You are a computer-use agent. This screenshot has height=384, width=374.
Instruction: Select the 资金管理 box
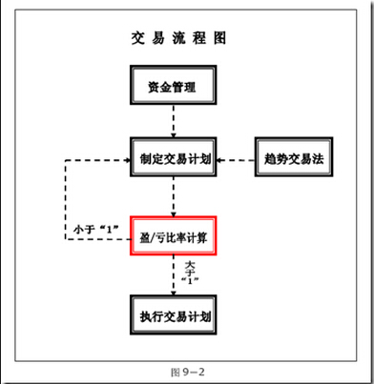[173, 88]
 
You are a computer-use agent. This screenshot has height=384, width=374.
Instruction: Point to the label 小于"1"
[94, 229]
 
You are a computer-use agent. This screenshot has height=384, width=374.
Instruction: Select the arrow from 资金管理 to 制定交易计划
[173, 123]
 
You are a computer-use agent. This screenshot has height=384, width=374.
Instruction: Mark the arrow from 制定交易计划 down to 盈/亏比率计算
[173, 197]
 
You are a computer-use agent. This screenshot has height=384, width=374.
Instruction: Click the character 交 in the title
[137, 39]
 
